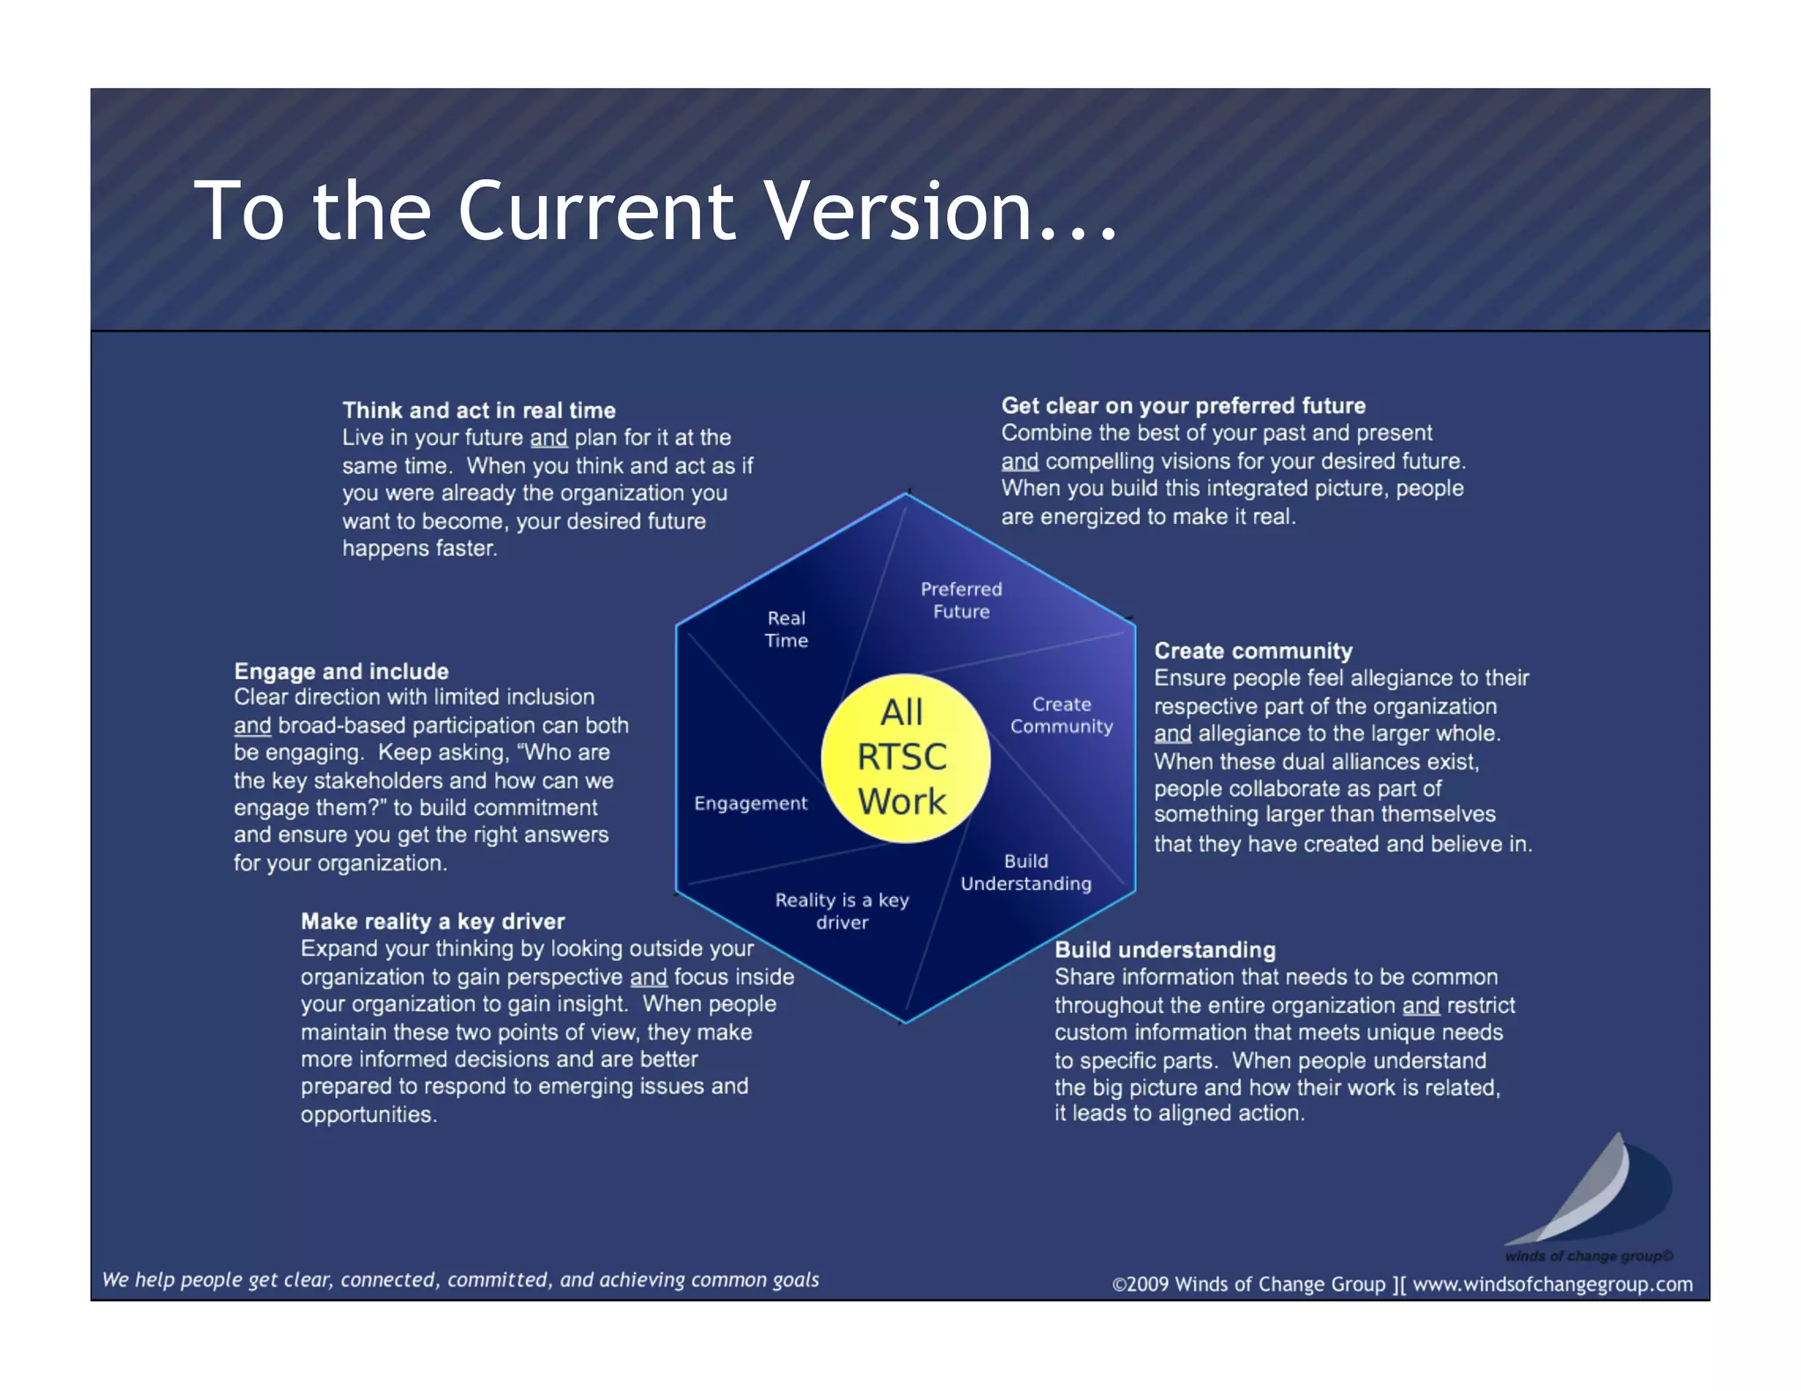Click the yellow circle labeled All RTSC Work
905,758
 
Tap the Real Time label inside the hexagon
786,630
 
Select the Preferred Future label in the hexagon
961,601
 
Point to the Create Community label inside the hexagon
1061,716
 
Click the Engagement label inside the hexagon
750,804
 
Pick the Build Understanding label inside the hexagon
1025,872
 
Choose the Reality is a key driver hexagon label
842,911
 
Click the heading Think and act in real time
478,411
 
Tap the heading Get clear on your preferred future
1183,406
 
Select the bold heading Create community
1253,652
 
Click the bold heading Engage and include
341,672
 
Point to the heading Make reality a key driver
433,921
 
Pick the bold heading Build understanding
1164,950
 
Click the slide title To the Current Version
655,211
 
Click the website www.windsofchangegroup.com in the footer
1552,1285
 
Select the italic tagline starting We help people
461,1280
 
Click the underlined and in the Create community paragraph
1172,734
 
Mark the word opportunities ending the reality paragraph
368,1115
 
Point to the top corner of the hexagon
907,493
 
